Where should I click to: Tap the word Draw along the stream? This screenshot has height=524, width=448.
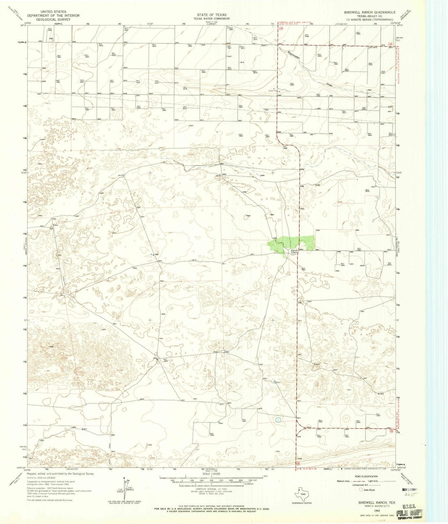coord(329,84)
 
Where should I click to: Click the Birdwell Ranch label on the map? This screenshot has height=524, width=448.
coord(294,252)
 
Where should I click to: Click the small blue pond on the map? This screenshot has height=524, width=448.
coord(278,420)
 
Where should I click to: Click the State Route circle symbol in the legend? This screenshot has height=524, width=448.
coord(361,490)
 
